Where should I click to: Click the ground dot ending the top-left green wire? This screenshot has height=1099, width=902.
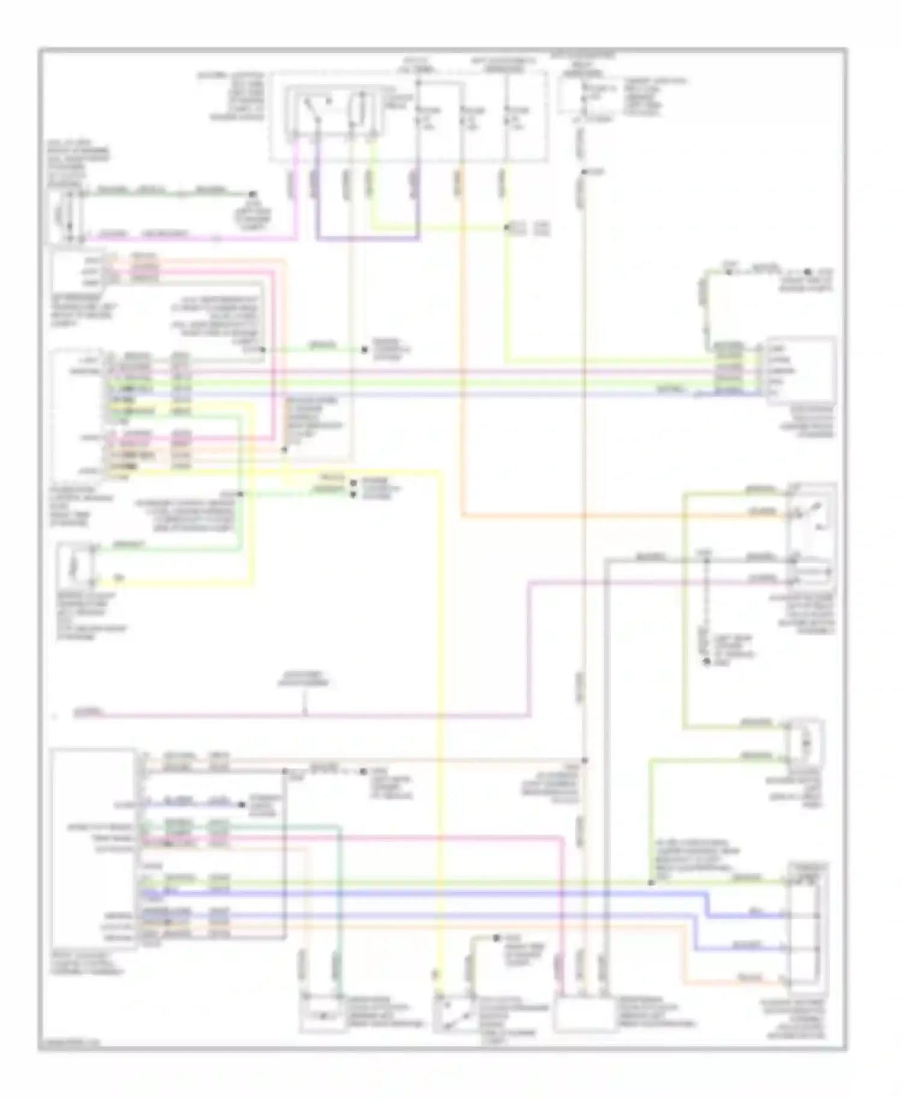coord(253,194)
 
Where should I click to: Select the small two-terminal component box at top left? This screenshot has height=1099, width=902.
coord(66,216)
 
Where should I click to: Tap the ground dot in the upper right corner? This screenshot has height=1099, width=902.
coord(809,272)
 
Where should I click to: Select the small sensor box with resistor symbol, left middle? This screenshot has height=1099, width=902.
coord(75,566)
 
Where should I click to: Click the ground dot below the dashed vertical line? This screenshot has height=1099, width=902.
coord(707,662)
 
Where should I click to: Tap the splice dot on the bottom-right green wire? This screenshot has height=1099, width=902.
coord(651,883)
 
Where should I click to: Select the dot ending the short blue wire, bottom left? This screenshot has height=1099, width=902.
coord(241,804)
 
